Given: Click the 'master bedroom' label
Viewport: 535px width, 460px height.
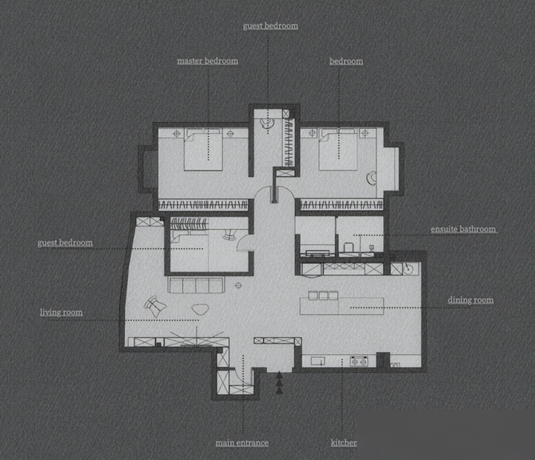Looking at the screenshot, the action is pyautogui.click(x=208, y=61).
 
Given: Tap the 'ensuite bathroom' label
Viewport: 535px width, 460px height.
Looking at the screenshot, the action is pyautogui.click(x=464, y=229).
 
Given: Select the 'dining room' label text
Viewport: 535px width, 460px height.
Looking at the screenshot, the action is pyautogui.click(x=470, y=300).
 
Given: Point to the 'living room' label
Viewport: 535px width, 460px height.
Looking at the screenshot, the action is pyautogui.click(x=62, y=312).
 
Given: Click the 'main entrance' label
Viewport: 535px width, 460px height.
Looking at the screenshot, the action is pyautogui.click(x=242, y=443).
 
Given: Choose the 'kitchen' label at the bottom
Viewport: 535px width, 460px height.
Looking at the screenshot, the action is pyautogui.click(x=344, y=443).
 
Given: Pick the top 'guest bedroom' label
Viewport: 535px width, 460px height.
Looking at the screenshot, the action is pyautogui.click(x=270, y=26).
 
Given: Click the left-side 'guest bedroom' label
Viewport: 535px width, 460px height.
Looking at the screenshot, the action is pyautogui.click(x=65, y=243).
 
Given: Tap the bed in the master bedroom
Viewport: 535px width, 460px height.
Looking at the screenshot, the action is pyautogui.click(x=203, y=150).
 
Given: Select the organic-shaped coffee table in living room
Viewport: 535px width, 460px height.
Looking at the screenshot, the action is pyautogui.click(x=200, y=309).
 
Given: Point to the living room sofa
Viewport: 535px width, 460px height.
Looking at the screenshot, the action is pyautogui.click(x=196, y=285).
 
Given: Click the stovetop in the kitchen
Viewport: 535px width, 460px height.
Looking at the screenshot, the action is pyautogui.click(x=359, y=361).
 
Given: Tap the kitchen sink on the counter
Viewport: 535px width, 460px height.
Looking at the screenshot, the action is pyautogui.click(x=318, y=361).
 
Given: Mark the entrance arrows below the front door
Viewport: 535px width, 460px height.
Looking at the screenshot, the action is pyautogui.click(x=279, y=383).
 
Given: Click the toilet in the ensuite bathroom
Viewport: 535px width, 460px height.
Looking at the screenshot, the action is pyautogui.click(x=348, y=247).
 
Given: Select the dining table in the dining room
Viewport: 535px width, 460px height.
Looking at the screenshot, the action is pyautogui.click(x=342, y=306).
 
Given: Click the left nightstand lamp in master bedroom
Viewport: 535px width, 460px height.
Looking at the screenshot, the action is pyautogui.click(x=176, y=134).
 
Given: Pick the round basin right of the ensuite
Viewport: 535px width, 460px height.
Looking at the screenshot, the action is pyautogui.click(x=409, y=269).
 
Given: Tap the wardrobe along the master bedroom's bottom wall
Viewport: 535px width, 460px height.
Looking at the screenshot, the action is pyautogui.click(x=203, y=205).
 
